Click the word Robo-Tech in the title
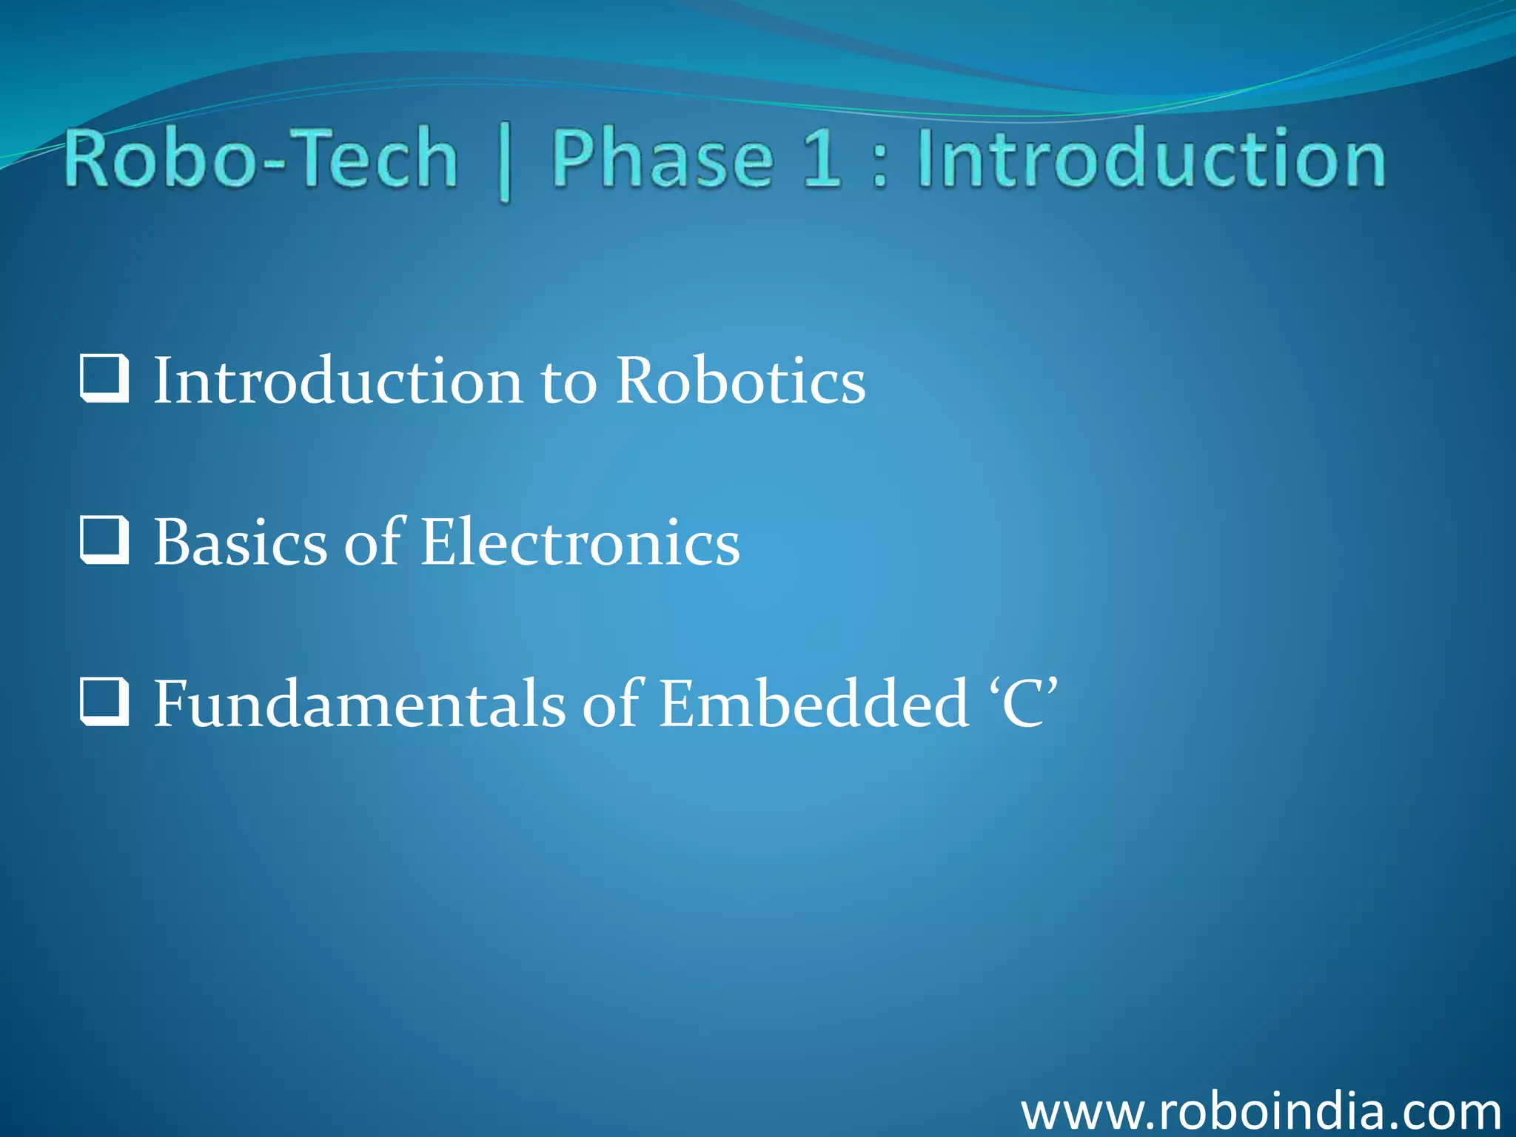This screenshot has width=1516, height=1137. click(261, 158)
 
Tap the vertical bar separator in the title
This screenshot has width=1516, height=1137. click(505, 164)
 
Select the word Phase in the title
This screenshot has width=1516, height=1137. click(663, 158)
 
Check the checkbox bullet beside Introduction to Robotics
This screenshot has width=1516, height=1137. click(104, 379)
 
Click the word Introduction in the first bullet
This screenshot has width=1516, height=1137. click(338, 380)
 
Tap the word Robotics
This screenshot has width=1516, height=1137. click(740, 380)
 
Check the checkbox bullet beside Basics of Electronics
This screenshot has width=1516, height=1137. click(104, 540)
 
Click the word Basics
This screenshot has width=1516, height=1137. click(240, 542)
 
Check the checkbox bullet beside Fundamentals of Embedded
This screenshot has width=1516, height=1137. click(104, 702)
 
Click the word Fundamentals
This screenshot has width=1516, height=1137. click(359, 703)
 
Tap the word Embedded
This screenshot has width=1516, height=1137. click(813, 703)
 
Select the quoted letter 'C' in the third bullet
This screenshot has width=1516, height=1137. click(1024, 703)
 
